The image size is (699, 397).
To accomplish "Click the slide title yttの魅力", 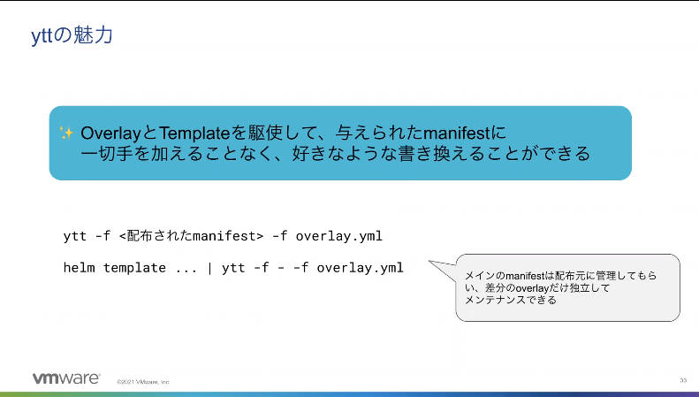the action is pos(72,35).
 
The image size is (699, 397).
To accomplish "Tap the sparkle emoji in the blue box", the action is pos(66,133).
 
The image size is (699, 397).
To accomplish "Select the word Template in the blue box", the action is pos(194,134).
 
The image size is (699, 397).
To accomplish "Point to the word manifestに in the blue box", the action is pos(464,133).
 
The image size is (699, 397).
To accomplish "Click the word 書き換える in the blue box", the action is pos(441,154).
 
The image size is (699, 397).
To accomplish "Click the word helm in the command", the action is pos(79,268).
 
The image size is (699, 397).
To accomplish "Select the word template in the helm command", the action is pos(134,268).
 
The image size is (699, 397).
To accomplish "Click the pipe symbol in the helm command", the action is pos(209,268).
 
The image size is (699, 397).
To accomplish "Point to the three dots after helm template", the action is pos(186,271).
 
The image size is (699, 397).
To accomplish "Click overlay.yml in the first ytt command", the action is pos(338,236).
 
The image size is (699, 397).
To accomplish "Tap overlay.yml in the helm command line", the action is pos(360,268).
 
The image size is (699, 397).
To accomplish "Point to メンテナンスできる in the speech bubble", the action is pos(511,301).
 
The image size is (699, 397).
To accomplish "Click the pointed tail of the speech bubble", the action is pos(429,262).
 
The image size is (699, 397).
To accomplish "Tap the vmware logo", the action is pos(66,378).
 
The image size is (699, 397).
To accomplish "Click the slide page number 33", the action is pos(683,380).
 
